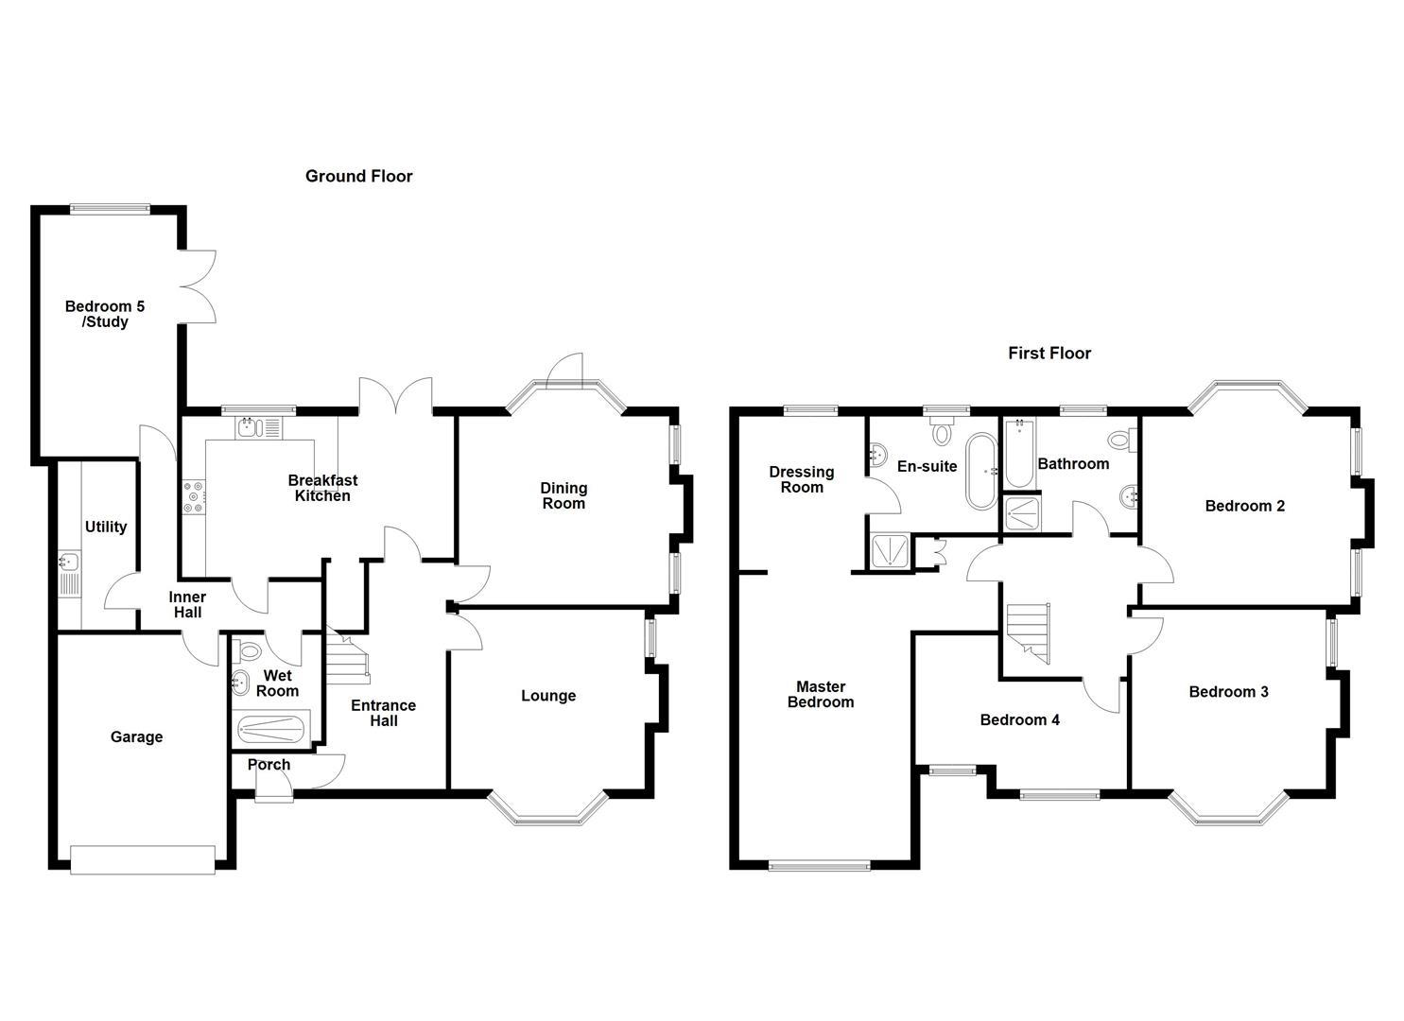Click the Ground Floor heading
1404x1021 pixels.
coord(358,176)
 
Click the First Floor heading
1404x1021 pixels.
coord(1049,353)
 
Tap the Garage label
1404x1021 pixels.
coord(136,736)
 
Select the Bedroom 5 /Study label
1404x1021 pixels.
coord(104,314)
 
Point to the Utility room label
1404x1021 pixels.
coord(105,527)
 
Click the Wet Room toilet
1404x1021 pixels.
coord(250,650)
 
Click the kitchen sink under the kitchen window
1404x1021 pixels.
coord(251,427)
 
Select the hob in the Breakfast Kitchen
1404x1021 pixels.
coord(194,498)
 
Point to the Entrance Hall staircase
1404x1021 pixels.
coord(347,655)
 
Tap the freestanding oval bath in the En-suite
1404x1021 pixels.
coord(979,471)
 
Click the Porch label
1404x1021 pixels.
coord(269,765)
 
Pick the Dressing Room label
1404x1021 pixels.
coord(801,479)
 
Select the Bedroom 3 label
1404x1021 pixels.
coord(1228,692)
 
